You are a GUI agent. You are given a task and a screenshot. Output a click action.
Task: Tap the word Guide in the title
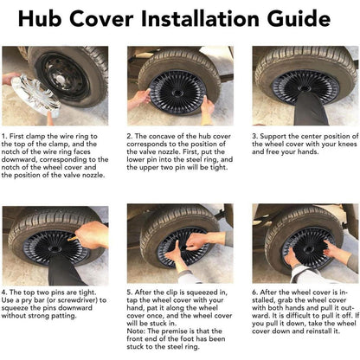click(x=299, y=18)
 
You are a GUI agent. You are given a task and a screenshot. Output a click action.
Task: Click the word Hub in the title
click(x=40, y=18)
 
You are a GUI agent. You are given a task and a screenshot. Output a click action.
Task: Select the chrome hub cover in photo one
click(x=35, y=96)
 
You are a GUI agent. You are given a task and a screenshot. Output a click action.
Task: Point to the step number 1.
click(x=3, y=136)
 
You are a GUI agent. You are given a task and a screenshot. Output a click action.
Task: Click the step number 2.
click(x=130, y=136)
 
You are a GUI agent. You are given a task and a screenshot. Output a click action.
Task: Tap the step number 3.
click(x=254, y=136)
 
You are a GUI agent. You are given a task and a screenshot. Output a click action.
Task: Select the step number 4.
click(x=4, y=292)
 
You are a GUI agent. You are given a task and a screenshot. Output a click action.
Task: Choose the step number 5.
click(x=130, y=292)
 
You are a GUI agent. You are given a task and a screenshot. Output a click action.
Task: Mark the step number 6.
click(x=254, y=292)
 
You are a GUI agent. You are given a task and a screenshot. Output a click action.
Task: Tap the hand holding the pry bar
click(x=93, y=235)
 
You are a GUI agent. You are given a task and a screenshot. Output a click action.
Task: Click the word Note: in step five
click(x=137, y=331)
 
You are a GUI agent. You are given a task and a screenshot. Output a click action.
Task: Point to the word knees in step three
click(x=348, y=144)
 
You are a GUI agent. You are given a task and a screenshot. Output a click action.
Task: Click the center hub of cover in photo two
click(x=177, y=93)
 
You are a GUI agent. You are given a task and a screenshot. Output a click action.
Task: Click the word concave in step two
click(x=161, y=136)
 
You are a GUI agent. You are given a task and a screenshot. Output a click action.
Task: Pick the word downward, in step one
click(x=20, y=159)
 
